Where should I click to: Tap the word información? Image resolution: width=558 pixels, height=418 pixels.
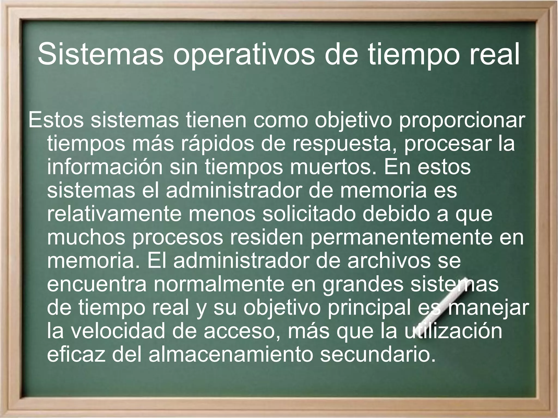105,167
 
